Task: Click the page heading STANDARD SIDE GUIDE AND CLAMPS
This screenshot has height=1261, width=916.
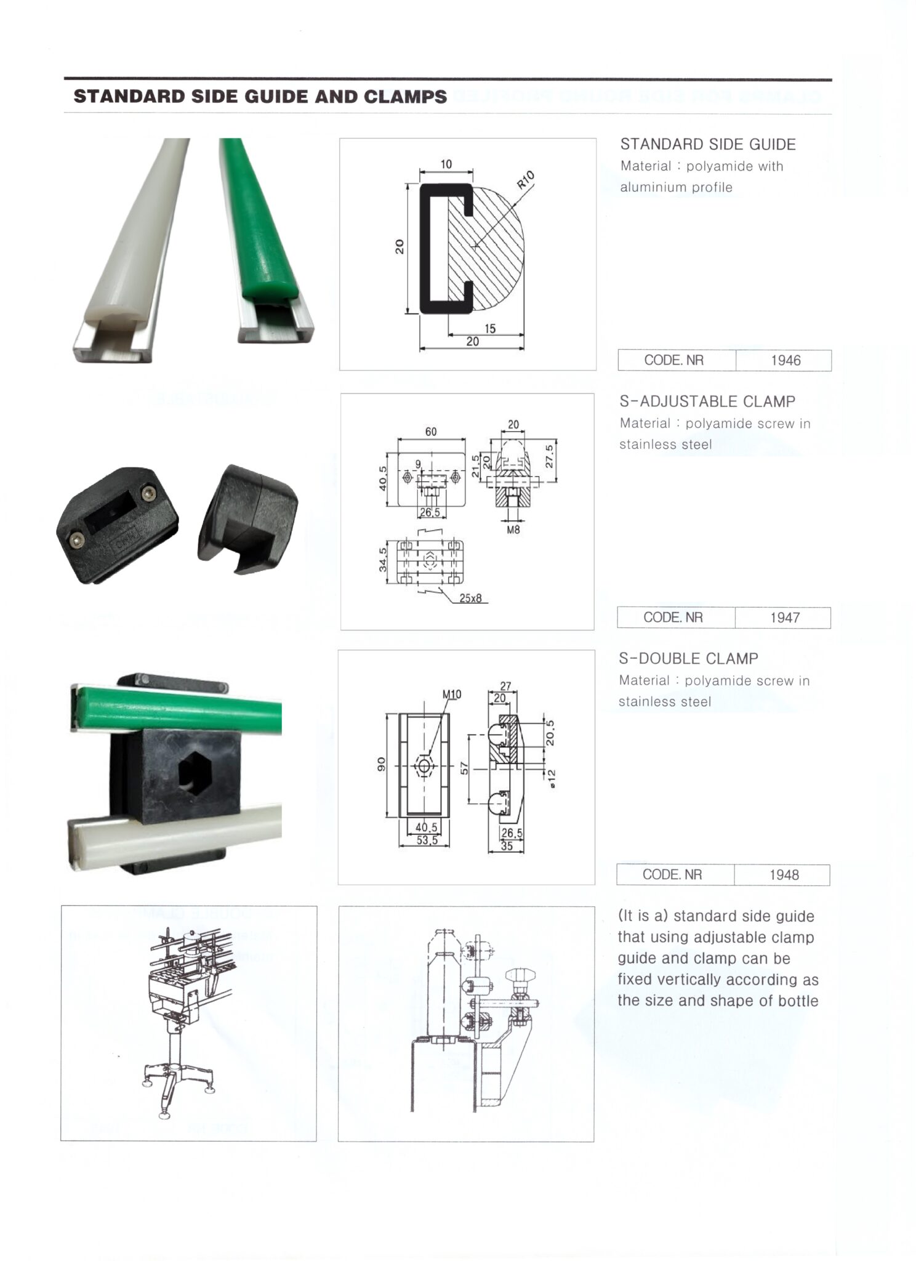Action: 260,97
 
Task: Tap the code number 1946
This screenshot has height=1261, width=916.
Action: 785,361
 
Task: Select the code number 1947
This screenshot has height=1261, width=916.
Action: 785,618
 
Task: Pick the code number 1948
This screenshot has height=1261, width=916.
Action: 784,875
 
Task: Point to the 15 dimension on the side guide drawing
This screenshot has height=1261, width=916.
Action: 490,329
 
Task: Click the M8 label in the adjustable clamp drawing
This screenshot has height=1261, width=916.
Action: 513,529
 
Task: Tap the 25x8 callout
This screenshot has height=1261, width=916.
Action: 470,598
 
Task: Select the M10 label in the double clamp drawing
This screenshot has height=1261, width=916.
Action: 452,695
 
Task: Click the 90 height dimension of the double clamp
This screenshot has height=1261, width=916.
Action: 381,764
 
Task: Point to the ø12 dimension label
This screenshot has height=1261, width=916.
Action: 552,778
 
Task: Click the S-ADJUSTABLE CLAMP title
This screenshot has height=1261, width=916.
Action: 707,402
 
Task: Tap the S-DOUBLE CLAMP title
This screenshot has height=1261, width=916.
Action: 688,659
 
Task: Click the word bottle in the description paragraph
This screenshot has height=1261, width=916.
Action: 798,1001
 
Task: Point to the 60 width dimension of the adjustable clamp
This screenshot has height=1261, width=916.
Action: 431,432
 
